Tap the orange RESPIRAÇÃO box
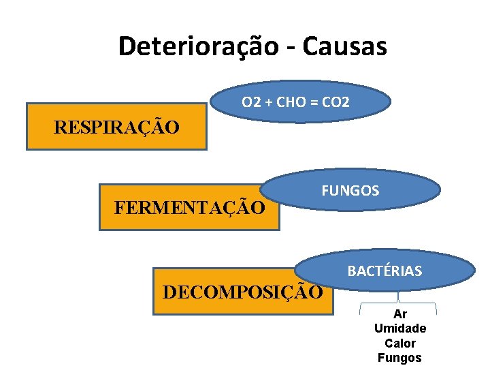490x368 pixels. (x=116, y=127)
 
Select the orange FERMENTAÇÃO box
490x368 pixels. (x=189, y=206)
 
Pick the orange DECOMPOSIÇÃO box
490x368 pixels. (x=242, y=292)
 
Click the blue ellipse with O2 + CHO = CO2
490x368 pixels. (x=295, y=103)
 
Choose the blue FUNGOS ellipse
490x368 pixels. (x=350, y=190)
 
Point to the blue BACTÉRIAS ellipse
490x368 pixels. (x=385, y=271)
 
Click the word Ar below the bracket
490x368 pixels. (x=400, y=315)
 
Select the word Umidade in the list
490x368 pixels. (x=400, y=329)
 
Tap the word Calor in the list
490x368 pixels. (x=400, y=343)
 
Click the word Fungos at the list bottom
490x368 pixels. (x=400, y=358)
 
